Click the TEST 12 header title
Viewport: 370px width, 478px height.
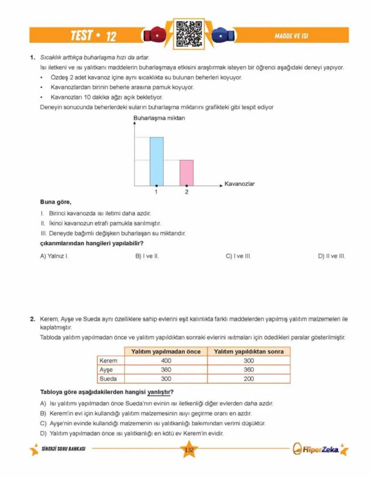93,36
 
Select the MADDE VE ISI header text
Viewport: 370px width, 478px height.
292,36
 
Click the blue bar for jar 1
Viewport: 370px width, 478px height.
156,161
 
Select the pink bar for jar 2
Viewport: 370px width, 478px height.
187,173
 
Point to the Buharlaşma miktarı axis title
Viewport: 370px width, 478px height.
159,118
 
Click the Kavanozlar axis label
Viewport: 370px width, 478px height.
239,183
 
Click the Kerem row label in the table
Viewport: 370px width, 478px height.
108,361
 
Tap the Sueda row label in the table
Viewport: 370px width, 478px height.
108,378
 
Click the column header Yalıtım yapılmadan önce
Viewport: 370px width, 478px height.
166,352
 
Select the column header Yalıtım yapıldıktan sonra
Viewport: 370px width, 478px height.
248,352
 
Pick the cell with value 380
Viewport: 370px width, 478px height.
166,370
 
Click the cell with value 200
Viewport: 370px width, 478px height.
248,378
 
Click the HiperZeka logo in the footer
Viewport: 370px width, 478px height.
320,449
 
